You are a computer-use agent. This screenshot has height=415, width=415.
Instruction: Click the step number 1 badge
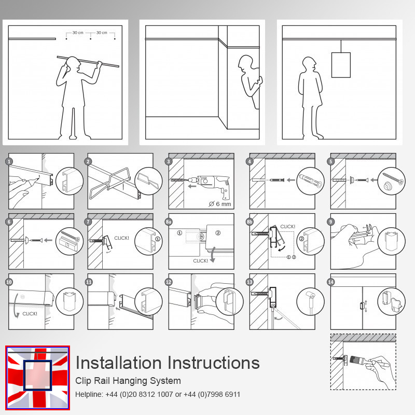[9, 161]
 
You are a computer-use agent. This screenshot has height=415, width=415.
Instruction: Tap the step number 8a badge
[169, 222]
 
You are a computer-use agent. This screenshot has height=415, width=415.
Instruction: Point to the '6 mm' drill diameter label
[219, 203]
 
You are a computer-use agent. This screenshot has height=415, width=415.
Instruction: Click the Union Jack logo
[37, 377]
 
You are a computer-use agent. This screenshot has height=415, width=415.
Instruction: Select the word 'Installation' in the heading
[117, 363]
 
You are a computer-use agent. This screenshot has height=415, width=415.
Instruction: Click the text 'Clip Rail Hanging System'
[128, 381]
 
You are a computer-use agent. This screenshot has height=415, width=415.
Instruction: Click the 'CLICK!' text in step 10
[30, 313]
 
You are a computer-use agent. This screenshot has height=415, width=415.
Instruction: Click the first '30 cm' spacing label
[78, 33]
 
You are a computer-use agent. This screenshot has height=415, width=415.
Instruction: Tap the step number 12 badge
[169, 282]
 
